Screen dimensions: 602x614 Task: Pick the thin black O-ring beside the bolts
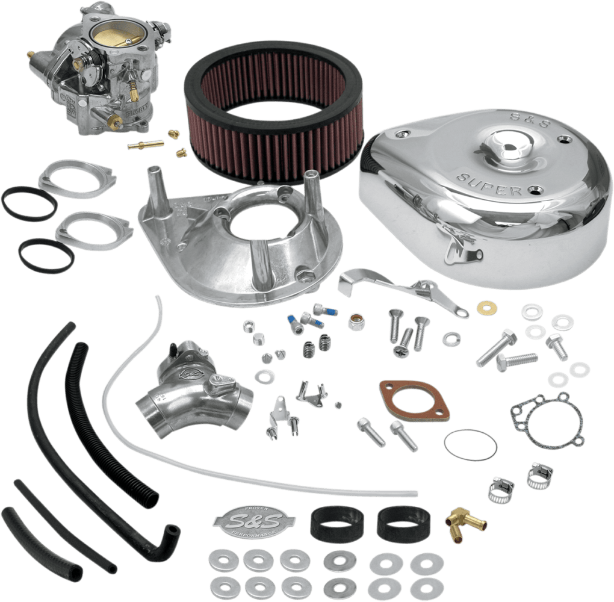pos(470,444)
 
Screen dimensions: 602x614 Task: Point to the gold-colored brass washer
pos(483,308)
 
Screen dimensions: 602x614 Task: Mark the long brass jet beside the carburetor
pos(144,144)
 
